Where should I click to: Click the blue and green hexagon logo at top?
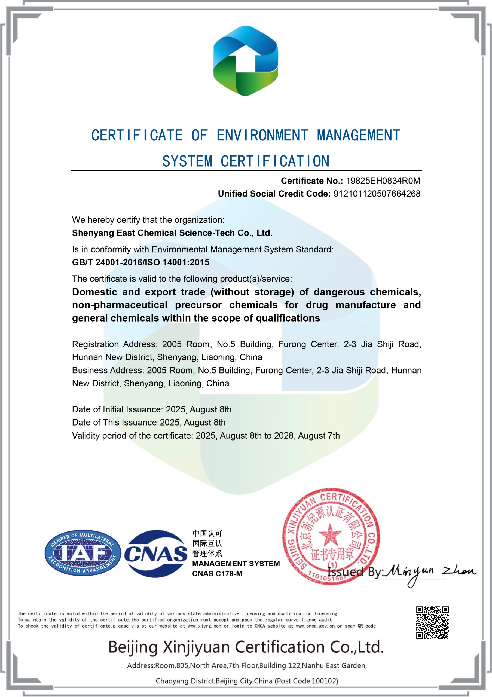(246, 61)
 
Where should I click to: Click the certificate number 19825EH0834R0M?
(383, 181)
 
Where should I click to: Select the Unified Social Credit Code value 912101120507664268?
(377, 194)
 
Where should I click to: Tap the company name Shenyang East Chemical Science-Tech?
(172, 233)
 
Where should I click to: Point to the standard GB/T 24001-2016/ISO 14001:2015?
(140, 262)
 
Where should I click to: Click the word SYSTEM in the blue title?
(187, 161)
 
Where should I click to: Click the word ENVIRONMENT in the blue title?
(262, 135)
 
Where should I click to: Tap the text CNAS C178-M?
(217, 574)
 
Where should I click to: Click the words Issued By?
(355, 572)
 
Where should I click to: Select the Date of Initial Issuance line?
(151, 409)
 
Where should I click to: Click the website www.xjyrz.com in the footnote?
(204, 626)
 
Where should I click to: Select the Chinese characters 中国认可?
(207, 533)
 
